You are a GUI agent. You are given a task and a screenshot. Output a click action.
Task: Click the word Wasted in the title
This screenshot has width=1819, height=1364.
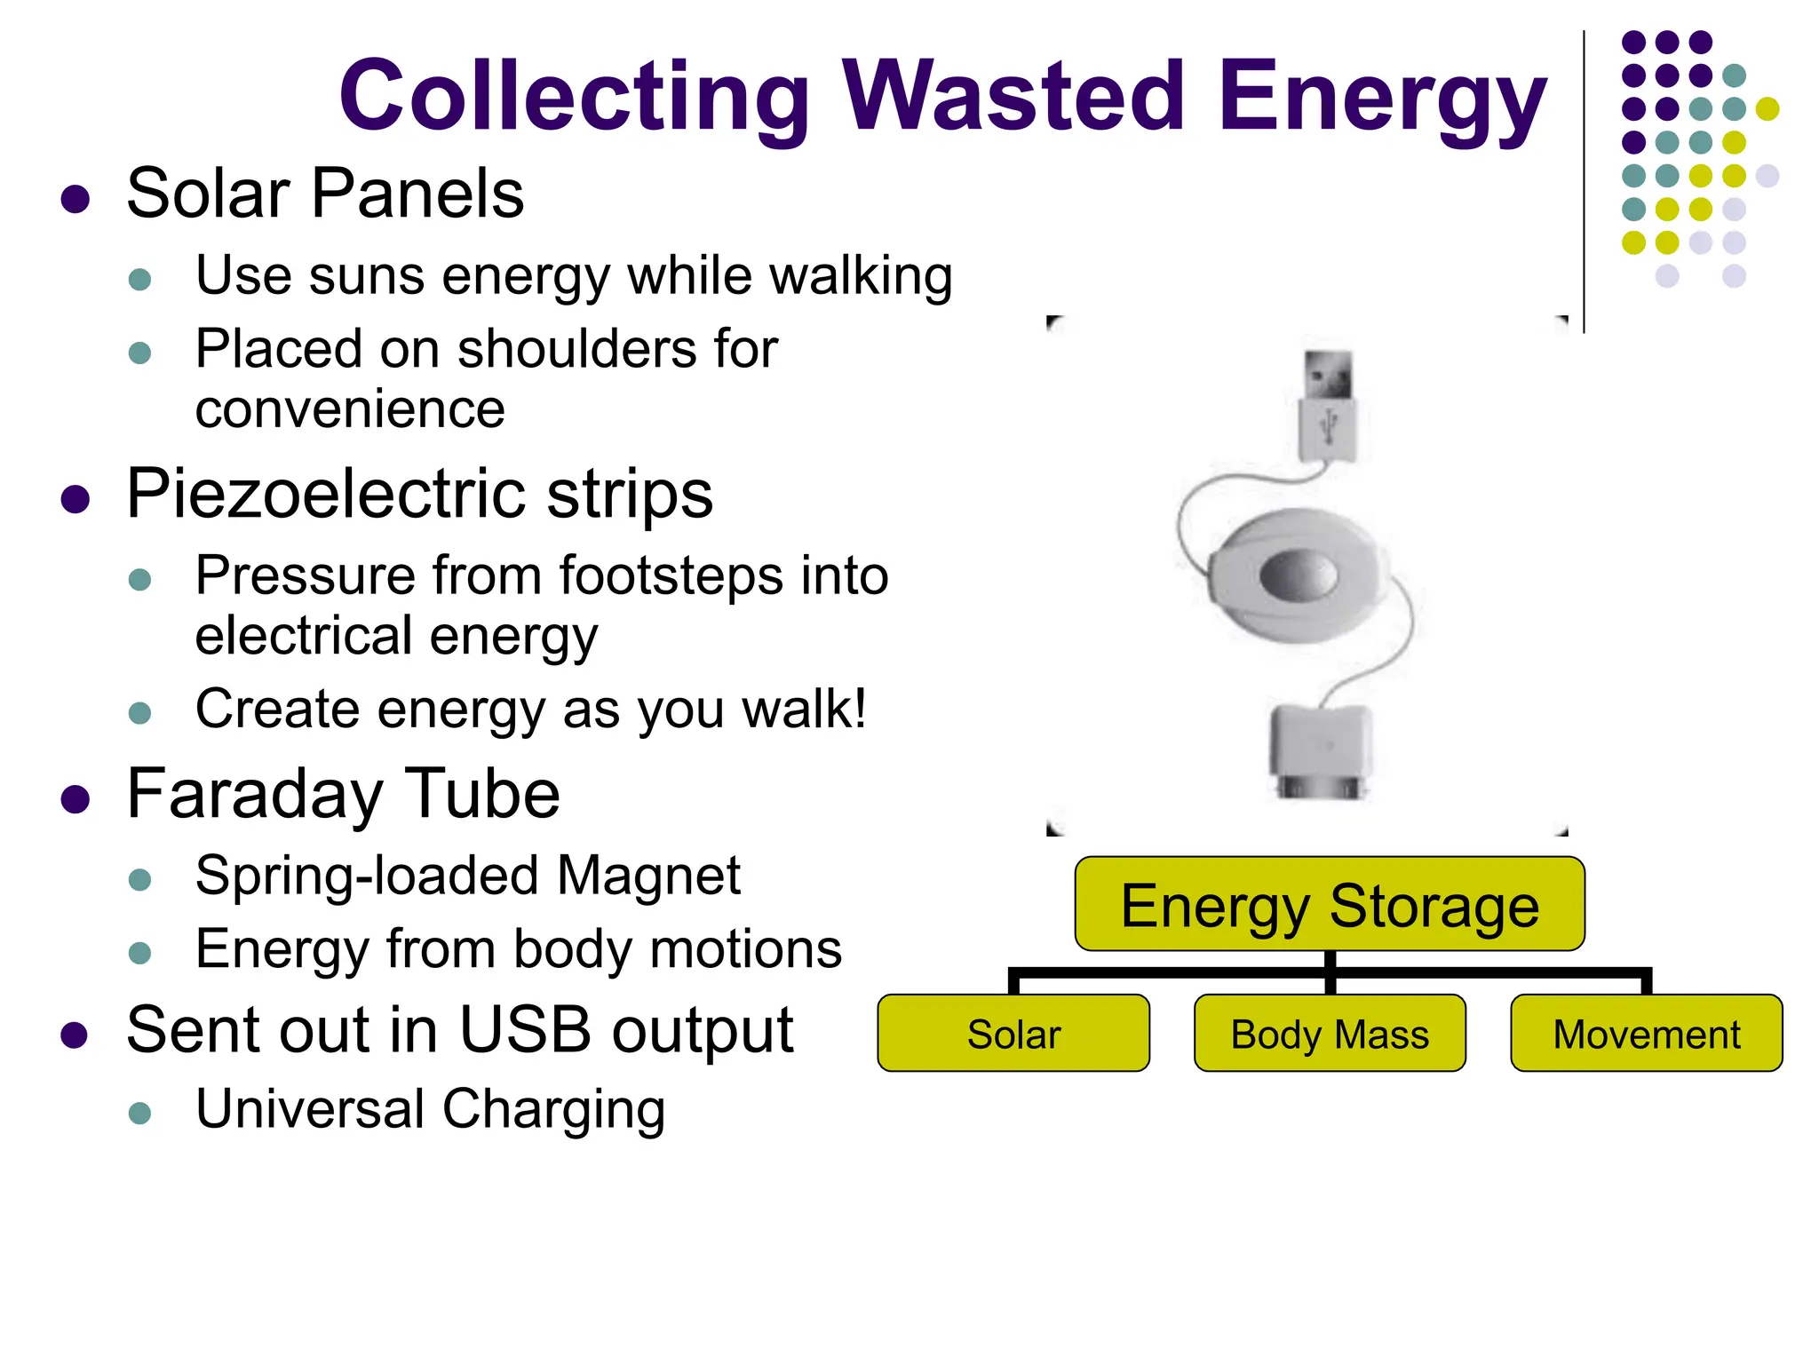(1013, 95)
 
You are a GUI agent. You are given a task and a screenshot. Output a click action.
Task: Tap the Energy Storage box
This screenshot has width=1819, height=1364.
(1330, 904)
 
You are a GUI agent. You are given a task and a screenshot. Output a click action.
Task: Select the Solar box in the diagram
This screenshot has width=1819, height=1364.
(1013, 1034)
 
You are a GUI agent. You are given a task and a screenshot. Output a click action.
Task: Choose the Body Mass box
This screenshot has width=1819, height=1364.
(1330, 1034)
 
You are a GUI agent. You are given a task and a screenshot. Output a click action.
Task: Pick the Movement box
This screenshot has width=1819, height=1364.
(1646, 1034)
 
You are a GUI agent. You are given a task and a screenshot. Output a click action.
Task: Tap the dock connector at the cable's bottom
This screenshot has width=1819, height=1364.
(1320, 751)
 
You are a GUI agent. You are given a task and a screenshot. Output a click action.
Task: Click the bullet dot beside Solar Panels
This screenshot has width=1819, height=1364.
(75, 199)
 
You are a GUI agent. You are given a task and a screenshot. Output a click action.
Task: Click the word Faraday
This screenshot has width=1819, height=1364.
(254, 794)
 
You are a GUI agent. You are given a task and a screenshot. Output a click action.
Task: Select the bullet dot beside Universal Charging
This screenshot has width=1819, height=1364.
(140, 1113)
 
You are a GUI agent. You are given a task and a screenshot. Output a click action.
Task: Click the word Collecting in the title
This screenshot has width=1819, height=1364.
(574, 97)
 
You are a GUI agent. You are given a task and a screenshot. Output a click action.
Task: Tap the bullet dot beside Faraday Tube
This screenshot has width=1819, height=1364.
(75, 799)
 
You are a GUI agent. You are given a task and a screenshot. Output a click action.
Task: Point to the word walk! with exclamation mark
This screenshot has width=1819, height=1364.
(804, 709)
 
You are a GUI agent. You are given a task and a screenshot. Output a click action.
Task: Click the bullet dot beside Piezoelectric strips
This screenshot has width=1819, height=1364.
(75, 499)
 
